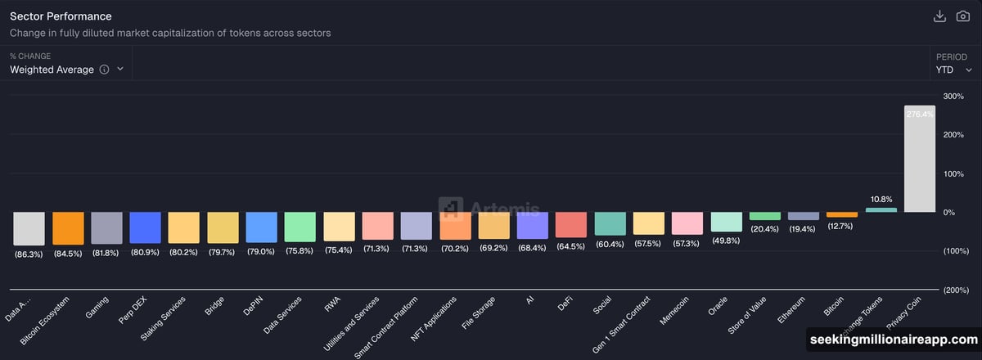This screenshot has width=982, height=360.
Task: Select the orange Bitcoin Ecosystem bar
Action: click(x=68, y=228)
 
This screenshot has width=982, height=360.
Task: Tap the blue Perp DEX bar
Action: click(x=145, y=227)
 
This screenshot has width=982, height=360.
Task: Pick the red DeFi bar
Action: click(x=570, y=224)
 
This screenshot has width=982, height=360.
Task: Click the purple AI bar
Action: click(x=532, y=225)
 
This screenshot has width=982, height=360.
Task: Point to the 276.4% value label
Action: click(x=920, y=115)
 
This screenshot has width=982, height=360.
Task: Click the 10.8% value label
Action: click(x=881, y=199)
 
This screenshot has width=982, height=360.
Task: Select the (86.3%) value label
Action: click(x=29, y=254)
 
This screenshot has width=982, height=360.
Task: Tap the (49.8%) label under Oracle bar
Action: click(x=726, y=241)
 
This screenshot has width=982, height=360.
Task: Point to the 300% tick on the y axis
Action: click(x=953, y=97)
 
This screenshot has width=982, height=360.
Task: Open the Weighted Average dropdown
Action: click(x=65, y=70)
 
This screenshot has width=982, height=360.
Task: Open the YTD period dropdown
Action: click(x=953, y=70)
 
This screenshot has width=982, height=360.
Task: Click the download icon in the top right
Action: click(x=939, y=16)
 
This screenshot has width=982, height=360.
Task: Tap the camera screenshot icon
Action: click(x=963, y=16)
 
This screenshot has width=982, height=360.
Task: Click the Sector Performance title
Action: click(x=61, y=16)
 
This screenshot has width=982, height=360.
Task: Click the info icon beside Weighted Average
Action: click(x=104, y=70)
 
